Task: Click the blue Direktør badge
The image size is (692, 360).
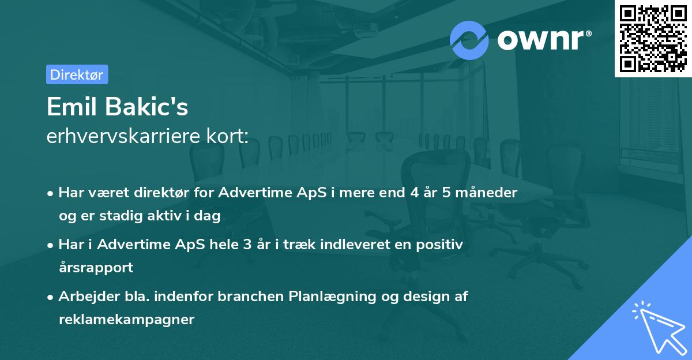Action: tap(77, 74)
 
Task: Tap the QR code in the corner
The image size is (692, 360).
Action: tap(653, 39)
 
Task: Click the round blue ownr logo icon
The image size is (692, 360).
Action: tap(469, 40)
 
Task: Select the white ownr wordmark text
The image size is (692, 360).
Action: tap(544, 40)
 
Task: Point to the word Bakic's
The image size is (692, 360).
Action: tap(146, 107)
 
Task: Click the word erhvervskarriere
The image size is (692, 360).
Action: tap(123, 136)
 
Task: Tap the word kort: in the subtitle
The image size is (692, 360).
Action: tap(227, 136)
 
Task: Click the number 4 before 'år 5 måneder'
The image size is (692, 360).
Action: tap(414, 193)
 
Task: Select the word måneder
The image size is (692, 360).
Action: tap(486, 193)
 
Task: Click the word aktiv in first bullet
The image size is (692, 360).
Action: tap(164, 216)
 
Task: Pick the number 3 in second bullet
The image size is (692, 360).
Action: tap(247, 245)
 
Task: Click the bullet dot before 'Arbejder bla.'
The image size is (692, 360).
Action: tap(50, 298)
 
